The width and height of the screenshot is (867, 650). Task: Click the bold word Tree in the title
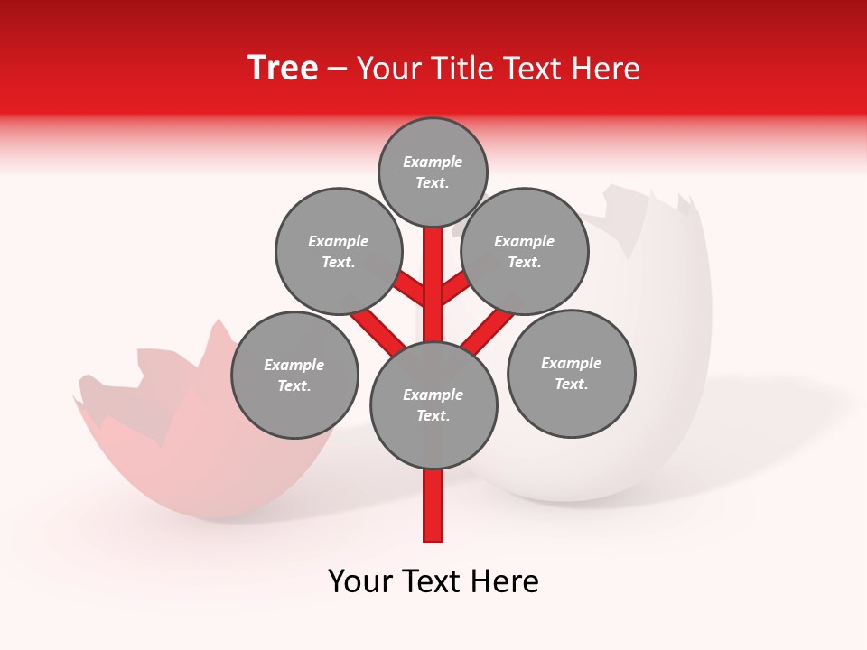click(x=283, y=69)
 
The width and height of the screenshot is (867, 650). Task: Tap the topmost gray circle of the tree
click(x=433, y=172)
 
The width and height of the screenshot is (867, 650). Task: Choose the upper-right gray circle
click(x=525, y=251)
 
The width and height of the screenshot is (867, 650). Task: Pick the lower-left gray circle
click(x=294, y=375)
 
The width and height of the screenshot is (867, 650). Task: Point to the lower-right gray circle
click(x=572, y=373)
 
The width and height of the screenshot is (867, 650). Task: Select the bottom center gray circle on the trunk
click(x=433, y=404)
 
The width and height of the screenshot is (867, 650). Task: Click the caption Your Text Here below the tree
click(x=433, y=581)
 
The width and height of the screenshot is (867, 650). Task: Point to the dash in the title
click(x=337, y=69)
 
